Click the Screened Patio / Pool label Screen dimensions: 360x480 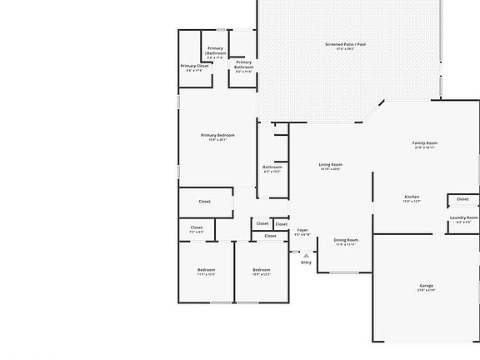point(345,43)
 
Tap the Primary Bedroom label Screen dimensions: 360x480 point(217,135)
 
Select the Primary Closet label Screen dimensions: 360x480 point(194,66)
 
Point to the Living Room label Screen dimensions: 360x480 point(331,164)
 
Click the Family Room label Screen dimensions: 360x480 point(425,142)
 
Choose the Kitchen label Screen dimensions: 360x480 point(412,197)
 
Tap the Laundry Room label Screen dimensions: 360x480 point(463,217)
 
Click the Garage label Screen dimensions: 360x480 point(426,285)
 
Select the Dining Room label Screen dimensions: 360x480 point(346,239)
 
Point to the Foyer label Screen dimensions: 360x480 point(302,230)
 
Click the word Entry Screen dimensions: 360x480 point(307,262)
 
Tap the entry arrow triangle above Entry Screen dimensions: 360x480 point(307,254)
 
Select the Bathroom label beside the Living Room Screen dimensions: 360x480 point(272,167)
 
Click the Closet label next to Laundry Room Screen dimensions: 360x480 point(463,199)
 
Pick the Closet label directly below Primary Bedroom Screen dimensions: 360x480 point(204,201)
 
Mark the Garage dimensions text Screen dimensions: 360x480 point(426,290)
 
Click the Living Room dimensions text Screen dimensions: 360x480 point(331,169)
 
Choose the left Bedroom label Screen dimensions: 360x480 point(206,269)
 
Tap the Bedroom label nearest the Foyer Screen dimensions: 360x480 point(262,269)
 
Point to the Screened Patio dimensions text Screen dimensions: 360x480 point(345,48)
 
